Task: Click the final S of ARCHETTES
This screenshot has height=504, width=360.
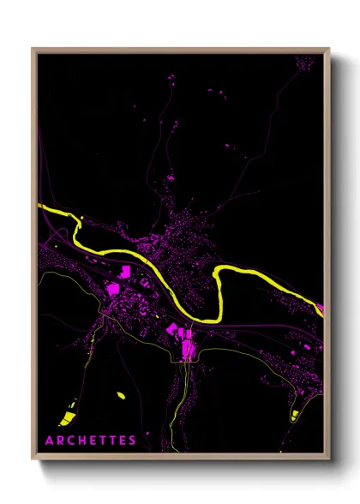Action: tap(132, 441)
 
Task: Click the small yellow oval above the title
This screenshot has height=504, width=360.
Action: tap(120, 395)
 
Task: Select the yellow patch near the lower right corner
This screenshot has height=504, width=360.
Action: tap(294, 416)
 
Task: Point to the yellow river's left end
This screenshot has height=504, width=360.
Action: tap(40, 207)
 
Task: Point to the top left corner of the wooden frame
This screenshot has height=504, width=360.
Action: tap(33, 49)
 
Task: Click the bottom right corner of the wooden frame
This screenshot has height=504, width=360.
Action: tap(329, 461)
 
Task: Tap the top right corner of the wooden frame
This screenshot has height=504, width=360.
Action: tap(329, 49)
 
